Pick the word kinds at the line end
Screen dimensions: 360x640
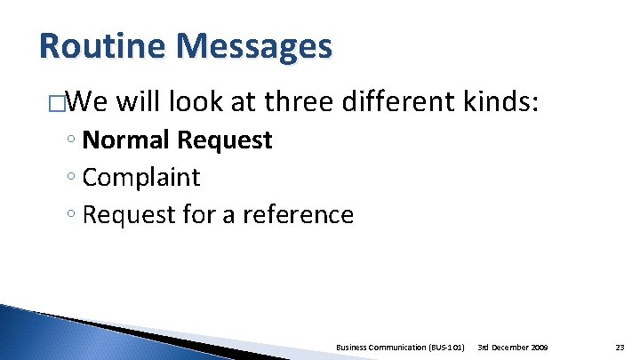[501, 102]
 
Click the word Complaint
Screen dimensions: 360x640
[141, 178]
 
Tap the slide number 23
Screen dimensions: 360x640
[619, 346]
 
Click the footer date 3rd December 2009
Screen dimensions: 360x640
[513, 346]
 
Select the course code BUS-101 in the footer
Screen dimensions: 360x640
[444, 346]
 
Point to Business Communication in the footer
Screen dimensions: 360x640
[379, 346]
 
